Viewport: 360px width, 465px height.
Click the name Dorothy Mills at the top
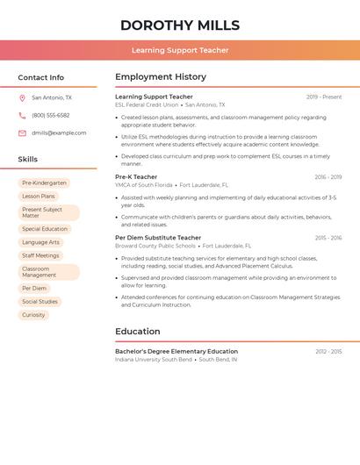pyautogui.click(x=180, y=25)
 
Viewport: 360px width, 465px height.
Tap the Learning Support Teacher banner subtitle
pyautogui.click(x=180, y=50)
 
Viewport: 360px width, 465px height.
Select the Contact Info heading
pyautogui.click(x=40, y=77)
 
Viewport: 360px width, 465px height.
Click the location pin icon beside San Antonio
pyautogui.click(x=22, y=98)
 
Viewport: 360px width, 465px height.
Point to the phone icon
pyautogui.click(x=22, y=116)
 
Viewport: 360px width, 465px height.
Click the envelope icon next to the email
pyautogui.click(x=22, y=133)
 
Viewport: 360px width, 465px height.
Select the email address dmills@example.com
pyautogui.click(x=59, y=133)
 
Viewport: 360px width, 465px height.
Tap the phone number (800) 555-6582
pyautogui.click(x=50, y=116)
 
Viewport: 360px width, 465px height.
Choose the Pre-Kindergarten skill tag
pyautogui.click(x=44, y=183)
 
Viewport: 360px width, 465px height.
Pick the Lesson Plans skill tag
pyautogui.click(x=39, y=197)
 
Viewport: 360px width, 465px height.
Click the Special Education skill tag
pyautogui.click(x=45, y=229)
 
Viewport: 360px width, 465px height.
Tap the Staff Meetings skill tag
pyautogui.click(x=40, y=255)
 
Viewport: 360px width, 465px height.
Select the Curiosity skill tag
pyautogui.click(x=33, y=315)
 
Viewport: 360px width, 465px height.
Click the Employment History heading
pyautogui.click(x=161, y=77)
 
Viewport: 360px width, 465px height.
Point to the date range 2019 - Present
pyautogui.click(x=324, y=97)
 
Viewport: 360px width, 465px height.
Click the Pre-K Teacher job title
pyautogui.click(x=136, y=177)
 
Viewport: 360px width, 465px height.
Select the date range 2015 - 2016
pyautogui.click(x=328, y=238)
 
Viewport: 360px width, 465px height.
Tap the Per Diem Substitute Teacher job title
pyautogui.click(x=158, y=238)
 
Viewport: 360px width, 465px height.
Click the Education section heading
pyautogui.click(x=138, y=332)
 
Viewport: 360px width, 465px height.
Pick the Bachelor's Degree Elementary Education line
pyautogui.click(x=176, y=351)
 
